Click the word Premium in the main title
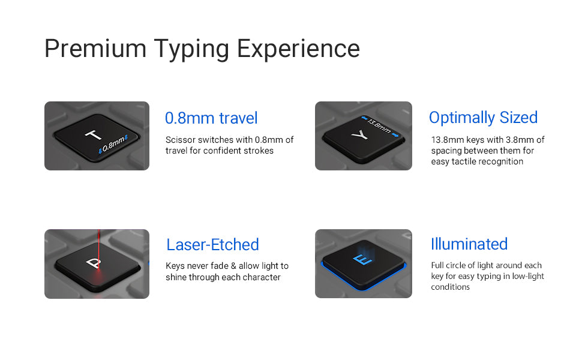pyautogui.click(x=95, y=48)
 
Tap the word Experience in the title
pyautogui.click(x=298, y=49)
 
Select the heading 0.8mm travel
pyautogui.click(x=211, y=118)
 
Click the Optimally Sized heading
pyautogui.click(x=483, y=118)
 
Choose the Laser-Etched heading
pyautogui.click(x=212, y=245)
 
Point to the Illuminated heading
pyautogui.click(x=469, y=244)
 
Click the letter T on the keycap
pyautogui.click(x=93, y=134)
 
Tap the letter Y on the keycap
pyautogui.click(x=359, y=135)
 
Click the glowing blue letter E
pyautogui.click(x=362, y=259)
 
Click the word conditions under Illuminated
pyautogui.click(x=450, y=287)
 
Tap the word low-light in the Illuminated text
pyautogui.click(x=528, y=276)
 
